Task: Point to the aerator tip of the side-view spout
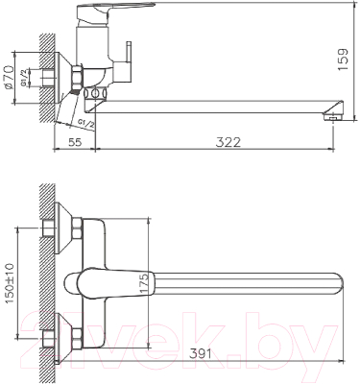pos(333,115)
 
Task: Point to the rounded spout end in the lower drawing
pos(336,284)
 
